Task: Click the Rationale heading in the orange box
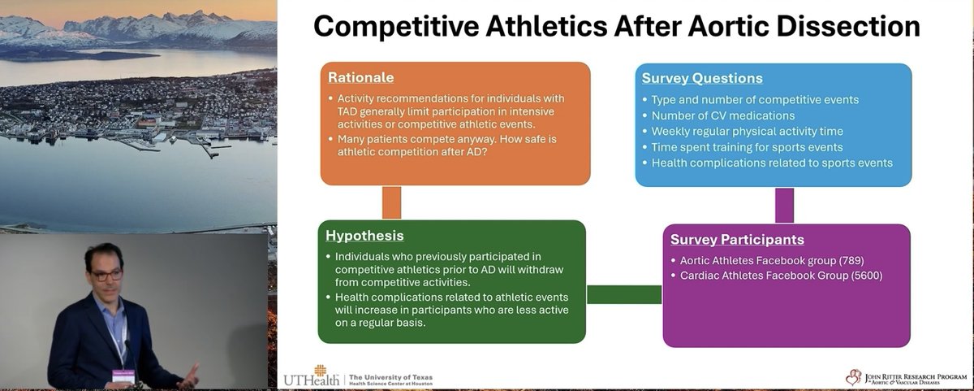(x=360, y=78)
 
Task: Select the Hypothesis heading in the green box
(x=364, y=236)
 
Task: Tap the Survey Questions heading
(x=702, y=79)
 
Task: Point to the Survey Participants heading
(x=737, y=240)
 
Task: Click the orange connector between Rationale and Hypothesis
(x=391, y=202)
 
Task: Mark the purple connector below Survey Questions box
(x=784, y=205)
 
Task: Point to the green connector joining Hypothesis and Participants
(x=624, y=294)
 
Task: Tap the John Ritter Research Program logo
(x=901, y=376)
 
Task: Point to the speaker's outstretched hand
(x=188, y=375)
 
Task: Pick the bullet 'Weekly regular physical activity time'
(x=747, y=132)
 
